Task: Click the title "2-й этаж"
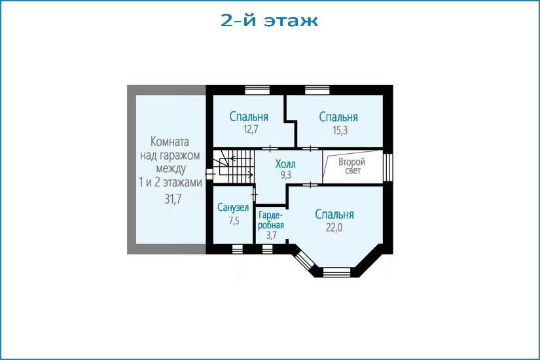pyautogui.click(x=269, y=20)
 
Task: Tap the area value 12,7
pyautogui.click(x=251, y=130)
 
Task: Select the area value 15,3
pyautogui.click(x=340, y=130)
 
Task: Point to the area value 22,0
pyautogui.click(x=334, y=227)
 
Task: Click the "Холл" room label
pyautogui.click(x=285, y=164)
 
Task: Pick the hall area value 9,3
pyautogui.click(x=286, y=175)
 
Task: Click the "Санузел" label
pyautogui.click(x=233, y=207)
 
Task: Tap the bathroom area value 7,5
pyautogui.click(x=234, y=221)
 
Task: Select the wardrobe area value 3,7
pyautogui.click(x=272, y=235)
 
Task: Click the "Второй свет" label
pyautogui.click(x=351, y=166)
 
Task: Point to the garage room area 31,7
pyautogui.click(x=173, y=199)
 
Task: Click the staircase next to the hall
pyautogui.click(x=234, y=166)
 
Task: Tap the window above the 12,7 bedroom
pyautogui.click(x=257, y=90)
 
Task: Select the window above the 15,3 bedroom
pyautogui.click(x=317, y=90)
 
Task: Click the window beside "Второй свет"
pyautogui.click(x=387, y=167)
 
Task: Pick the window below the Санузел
pyautogui.click(x=238, y=249)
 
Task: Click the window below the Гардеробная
pyautogui.click(x=267, y=249)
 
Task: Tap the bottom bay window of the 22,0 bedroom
pyautogui.click(x=337, y=272)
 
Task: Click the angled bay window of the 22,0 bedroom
pyautogui.click(x=305, y=260)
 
